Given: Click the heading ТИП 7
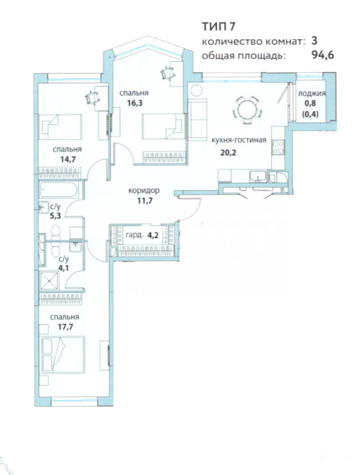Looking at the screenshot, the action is (x=219, y=26).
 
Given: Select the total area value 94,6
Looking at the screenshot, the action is (x=323, y=55).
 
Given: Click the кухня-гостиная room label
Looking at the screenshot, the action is (x=239, y=140).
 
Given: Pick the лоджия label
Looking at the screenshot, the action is (x=311, y=93).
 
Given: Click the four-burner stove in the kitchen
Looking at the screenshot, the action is (x=278, y=147).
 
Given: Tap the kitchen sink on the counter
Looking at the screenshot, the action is (x=258, y=177).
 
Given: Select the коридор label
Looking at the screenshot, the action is (x=144, y=190).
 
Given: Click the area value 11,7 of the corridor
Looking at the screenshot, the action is (x=144, y=200).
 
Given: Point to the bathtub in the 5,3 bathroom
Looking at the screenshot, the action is (x=59, y=189).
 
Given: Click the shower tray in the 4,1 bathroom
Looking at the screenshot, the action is (x=49, y=281).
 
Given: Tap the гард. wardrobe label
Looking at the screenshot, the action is (x=134, y=236).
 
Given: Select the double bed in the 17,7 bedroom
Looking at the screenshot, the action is (x=62, y=354).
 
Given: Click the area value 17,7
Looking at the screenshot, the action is (x=65, y=327).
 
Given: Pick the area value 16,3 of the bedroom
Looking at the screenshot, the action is (x=135, y=103).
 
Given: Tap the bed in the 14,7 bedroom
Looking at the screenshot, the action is (x=60, y=127).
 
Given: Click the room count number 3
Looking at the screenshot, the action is (x=314, y=41).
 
